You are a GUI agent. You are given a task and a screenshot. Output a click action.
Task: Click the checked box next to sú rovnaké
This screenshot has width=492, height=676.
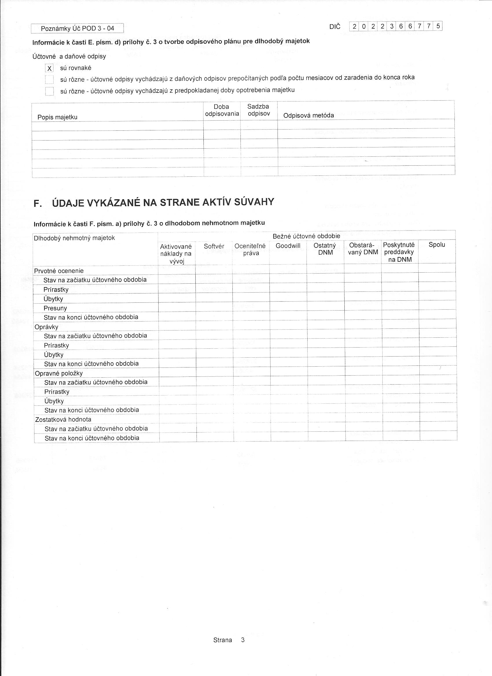click(49, 69)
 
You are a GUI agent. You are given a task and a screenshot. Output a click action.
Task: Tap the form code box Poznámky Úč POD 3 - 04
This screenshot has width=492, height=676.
click(77, 29)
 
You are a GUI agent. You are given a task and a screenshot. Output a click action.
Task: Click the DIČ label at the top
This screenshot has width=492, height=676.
click(335, 27)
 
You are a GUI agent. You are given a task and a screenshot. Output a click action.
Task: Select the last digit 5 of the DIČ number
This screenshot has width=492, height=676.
click(438, 26)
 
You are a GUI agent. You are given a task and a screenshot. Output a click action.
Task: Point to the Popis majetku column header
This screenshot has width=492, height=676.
click(57, 117)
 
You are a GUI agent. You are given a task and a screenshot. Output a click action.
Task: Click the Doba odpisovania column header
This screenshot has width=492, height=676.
click(222, 110)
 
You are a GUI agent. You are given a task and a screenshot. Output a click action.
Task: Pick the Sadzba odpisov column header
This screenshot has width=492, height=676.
click(258, 110)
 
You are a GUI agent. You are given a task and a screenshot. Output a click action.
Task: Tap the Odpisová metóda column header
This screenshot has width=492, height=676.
click(309, 116)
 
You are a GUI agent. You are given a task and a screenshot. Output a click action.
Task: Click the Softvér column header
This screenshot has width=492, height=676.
click(214, 246)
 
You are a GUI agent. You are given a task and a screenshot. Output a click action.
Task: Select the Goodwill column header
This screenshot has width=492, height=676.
click(288, 246)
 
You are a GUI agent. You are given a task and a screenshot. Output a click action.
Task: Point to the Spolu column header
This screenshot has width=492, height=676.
click(437, 245)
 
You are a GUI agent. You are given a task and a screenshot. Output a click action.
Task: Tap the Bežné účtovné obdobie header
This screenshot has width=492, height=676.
click(306, 236)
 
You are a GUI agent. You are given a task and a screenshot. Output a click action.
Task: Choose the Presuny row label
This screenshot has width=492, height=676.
click(55, 308)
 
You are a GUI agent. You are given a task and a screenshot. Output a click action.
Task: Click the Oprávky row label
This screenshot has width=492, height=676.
click(46, 327)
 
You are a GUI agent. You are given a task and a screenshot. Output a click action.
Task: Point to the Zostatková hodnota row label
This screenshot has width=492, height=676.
click(63, 420)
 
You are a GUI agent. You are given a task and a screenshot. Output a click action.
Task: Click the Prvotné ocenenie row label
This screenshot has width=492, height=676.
click(59, 271)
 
